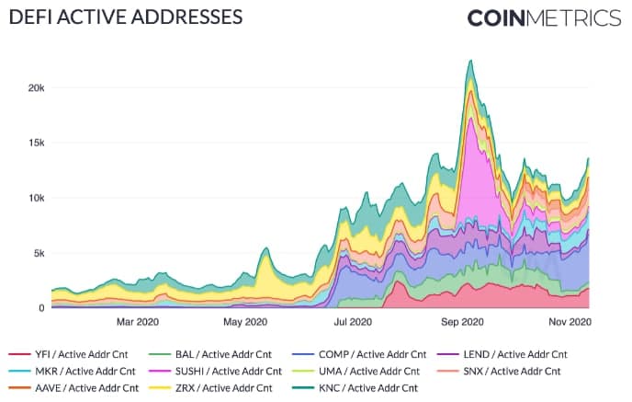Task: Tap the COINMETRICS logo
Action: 544,18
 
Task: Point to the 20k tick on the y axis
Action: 33,87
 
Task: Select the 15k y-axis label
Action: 33,143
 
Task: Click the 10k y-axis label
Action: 33,198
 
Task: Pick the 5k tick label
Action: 36,253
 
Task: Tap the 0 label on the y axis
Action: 41,308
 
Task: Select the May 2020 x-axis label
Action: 243,322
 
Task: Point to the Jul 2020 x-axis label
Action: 353,322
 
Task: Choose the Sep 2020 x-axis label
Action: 463,322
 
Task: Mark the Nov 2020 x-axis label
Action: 570,322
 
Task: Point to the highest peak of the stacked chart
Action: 470,62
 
